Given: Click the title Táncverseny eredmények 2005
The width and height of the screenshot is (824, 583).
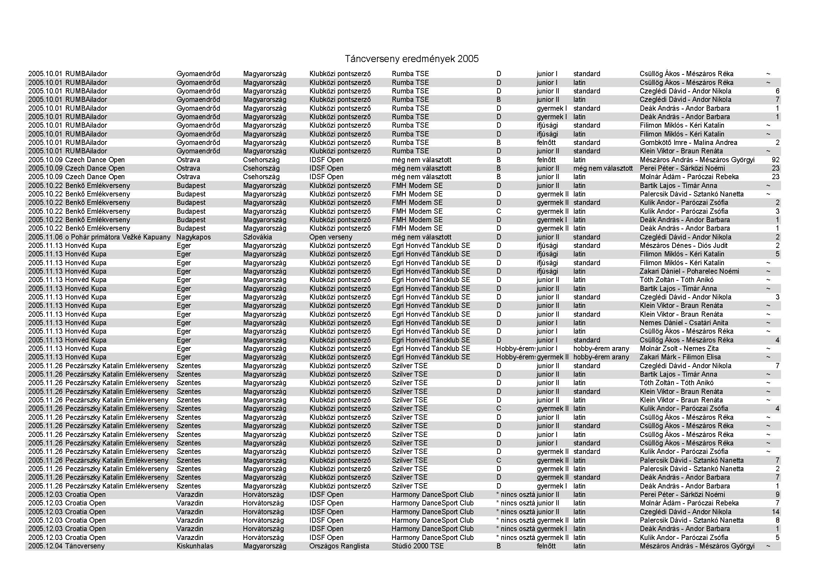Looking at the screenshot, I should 411,59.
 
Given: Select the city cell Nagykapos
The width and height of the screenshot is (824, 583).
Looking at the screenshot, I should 193,237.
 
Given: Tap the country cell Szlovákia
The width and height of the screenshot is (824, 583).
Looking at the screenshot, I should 257,237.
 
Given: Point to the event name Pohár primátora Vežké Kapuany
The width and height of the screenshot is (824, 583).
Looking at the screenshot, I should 121,237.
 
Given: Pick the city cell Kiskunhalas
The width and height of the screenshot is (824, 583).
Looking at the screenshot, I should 194,546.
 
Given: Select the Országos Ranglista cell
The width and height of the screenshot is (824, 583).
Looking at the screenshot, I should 339,546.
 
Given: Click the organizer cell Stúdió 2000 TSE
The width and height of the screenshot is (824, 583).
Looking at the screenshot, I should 417,546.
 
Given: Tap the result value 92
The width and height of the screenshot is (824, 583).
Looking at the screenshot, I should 775,160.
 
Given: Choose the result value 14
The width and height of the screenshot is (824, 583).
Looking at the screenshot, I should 775,512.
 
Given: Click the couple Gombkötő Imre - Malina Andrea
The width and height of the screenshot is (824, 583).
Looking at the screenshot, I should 688,142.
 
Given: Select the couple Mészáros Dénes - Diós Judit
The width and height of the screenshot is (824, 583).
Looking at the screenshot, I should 683,246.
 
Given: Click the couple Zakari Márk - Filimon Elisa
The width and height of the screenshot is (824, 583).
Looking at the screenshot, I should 680,357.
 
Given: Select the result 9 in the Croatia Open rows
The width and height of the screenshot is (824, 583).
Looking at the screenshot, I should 777,494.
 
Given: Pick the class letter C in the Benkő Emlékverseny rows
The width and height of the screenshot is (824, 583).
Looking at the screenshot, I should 498,211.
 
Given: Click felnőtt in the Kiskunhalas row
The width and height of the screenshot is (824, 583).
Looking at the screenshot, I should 546,546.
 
